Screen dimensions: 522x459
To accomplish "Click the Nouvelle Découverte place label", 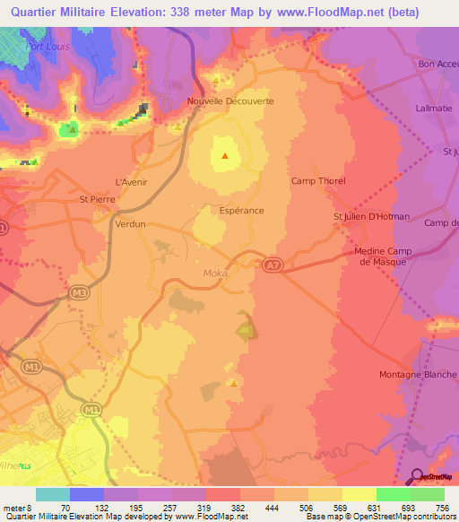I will tap(230, 101).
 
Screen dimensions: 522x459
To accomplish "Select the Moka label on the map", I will tap(217, 272).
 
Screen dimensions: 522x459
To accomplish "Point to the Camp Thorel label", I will tap(318, 181).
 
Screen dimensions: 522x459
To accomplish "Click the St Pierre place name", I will tap(95, 199).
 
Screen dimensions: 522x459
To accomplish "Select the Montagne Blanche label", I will tap(418, 374).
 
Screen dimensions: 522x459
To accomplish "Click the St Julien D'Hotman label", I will tap(371, 217).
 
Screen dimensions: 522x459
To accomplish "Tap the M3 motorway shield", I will tap(81, 291).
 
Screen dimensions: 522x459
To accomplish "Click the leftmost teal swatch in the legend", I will tap(52, 495).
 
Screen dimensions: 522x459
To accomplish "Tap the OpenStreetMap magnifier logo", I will tap(418, 477).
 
